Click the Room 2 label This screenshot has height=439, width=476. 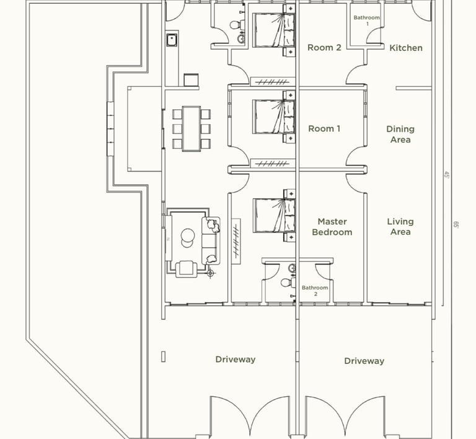click(x=324, y=48)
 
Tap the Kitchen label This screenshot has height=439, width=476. click(x=406, y=48)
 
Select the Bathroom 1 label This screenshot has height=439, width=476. click(x=367, y=20)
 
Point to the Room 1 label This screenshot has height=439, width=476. click(x=324, y=129)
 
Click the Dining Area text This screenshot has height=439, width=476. click(x=400, y=134)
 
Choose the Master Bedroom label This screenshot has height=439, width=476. click(x=332, y=227)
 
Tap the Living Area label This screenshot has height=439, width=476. click(x=400, y=227)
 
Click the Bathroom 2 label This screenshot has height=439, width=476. click(x=315, y=291)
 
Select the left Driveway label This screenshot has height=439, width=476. click(x=236, y=360)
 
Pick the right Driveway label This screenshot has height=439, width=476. click(x=364, y=361)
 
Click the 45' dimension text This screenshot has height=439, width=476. click(x=447, y=174)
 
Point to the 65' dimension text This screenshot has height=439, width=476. click(x=456, y=225)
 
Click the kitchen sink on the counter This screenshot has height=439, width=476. click(x=172, y=40)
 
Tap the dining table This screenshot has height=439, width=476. click(x=192, y=129)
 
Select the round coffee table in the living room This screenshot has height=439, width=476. click(x=188, y=236)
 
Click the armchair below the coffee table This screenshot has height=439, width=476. click(x=186, y=269)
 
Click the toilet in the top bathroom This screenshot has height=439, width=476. click(x=237, y=25)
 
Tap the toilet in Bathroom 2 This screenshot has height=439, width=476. click(x=288, y=283)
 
